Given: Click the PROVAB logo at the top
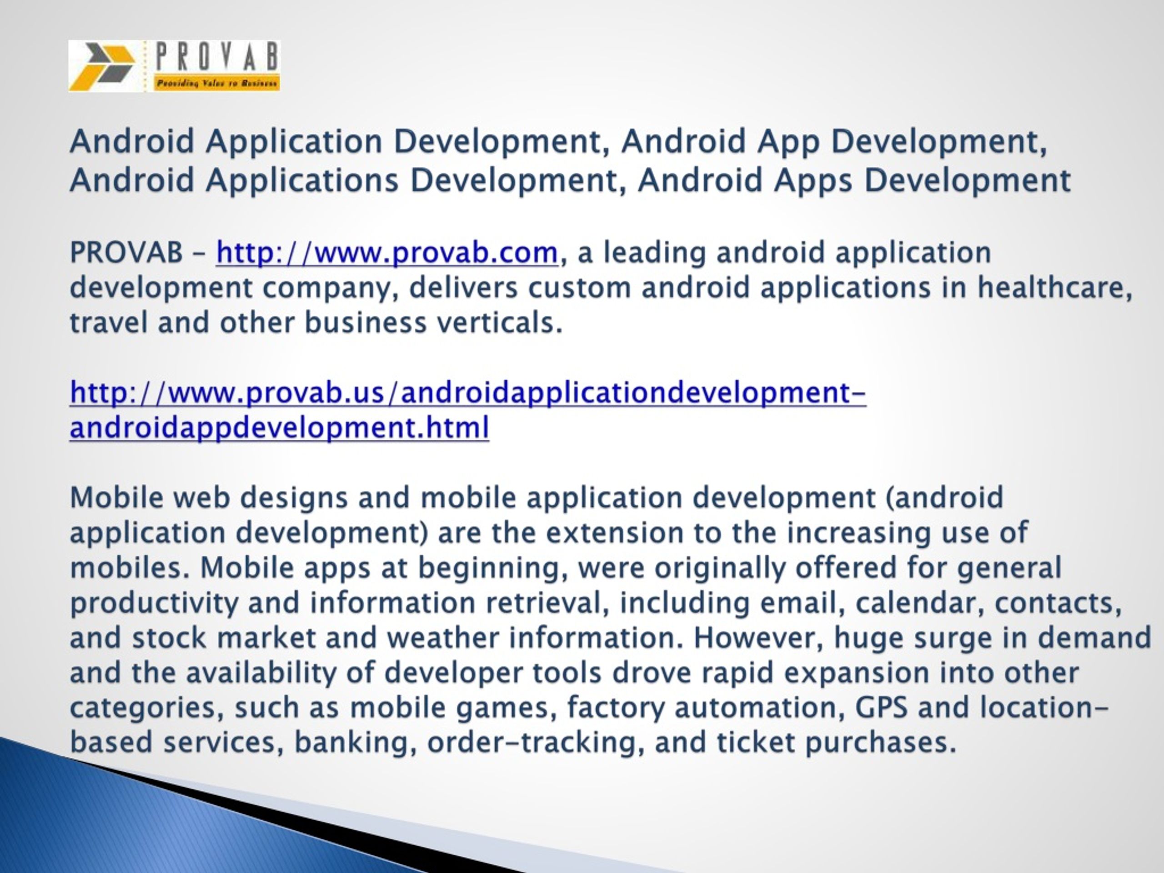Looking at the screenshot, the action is point(174,66).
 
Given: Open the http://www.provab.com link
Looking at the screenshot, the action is point(387,253).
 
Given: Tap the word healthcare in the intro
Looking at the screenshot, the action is point(1054,288).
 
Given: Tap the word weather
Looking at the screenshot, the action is point(442,638).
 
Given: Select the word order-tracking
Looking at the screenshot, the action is point(536,743).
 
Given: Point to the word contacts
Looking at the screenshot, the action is point(1058,603).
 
